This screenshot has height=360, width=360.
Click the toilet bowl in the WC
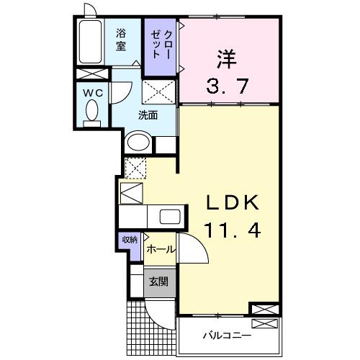point(92,111)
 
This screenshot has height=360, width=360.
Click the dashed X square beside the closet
point(158,92)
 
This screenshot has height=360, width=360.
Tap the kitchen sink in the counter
point(170,217)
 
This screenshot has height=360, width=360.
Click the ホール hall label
point(158,249)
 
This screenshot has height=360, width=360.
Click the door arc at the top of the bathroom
point(89,10)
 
